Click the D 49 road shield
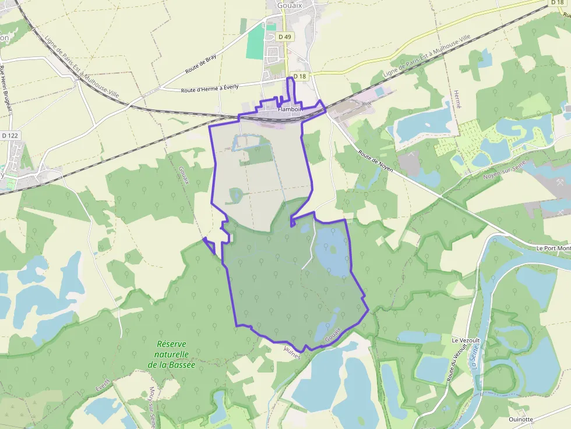[284, 36]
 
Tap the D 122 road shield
[10, 135]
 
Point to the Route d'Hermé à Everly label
[210, 88]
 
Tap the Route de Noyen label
[376, 162]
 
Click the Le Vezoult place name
[464, 339]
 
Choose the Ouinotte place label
[520, 419]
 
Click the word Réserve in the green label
[171, 343]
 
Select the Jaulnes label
[291, 350]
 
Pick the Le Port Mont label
[553, 248]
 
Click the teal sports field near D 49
[255, 42]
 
